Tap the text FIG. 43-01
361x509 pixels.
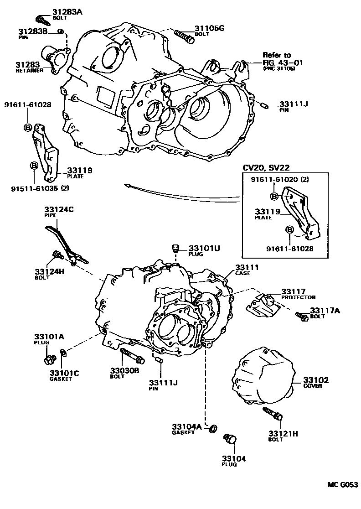(282, 62)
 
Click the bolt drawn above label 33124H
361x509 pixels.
(58, 254)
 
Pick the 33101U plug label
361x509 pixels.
(204, 248)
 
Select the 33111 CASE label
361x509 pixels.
(247, 267)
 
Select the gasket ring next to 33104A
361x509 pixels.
(212, 428)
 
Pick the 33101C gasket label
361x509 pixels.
(64, 373)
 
